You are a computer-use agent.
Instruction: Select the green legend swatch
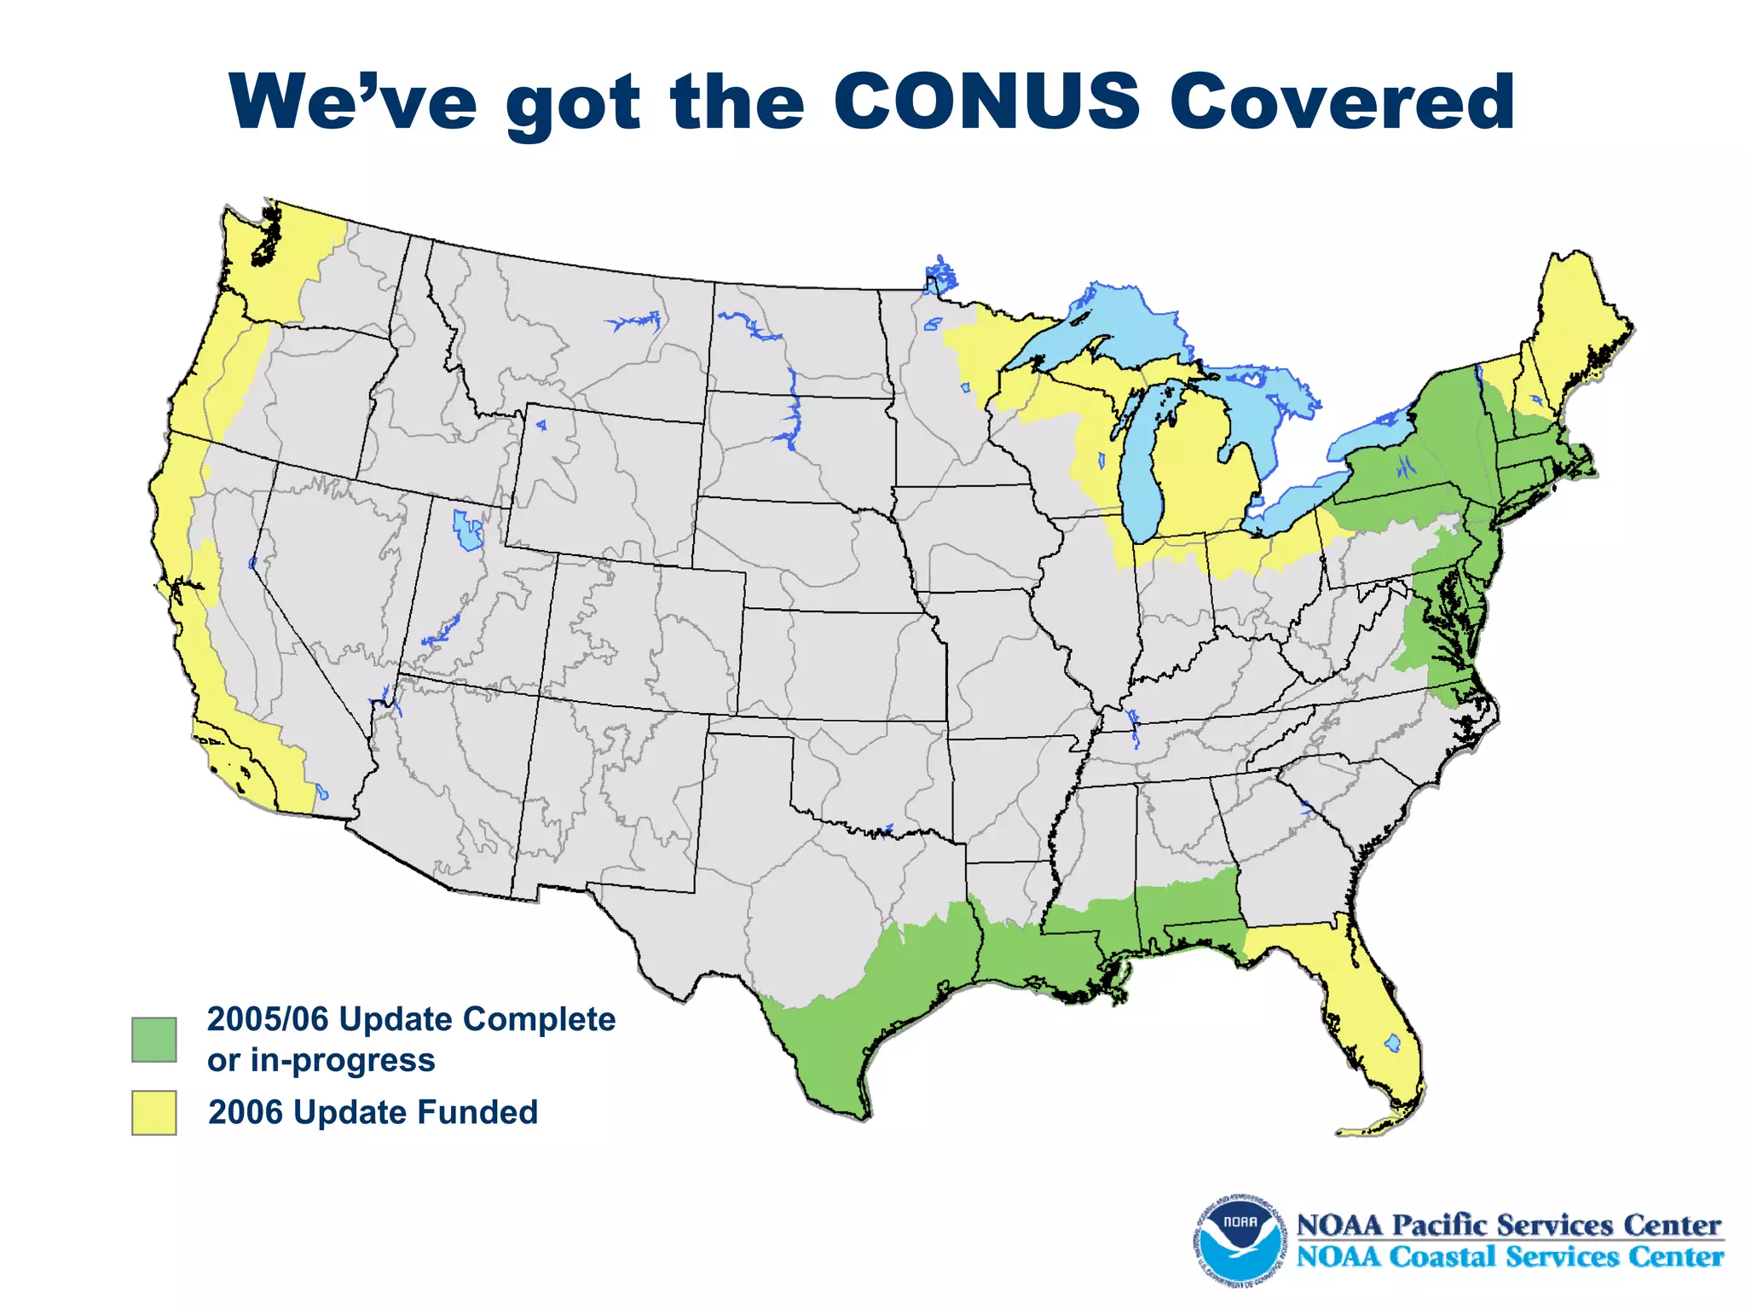point(154,1039)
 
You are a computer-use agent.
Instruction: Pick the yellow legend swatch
point(154,1112)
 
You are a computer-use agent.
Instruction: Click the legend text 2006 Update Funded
point(373,1112)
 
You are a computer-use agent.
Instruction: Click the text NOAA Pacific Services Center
point(1508,1225)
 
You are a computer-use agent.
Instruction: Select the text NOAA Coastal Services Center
point(1510,1256)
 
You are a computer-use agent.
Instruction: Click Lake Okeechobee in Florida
point(1393,1042)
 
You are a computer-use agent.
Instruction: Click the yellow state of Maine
point(1573,324)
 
